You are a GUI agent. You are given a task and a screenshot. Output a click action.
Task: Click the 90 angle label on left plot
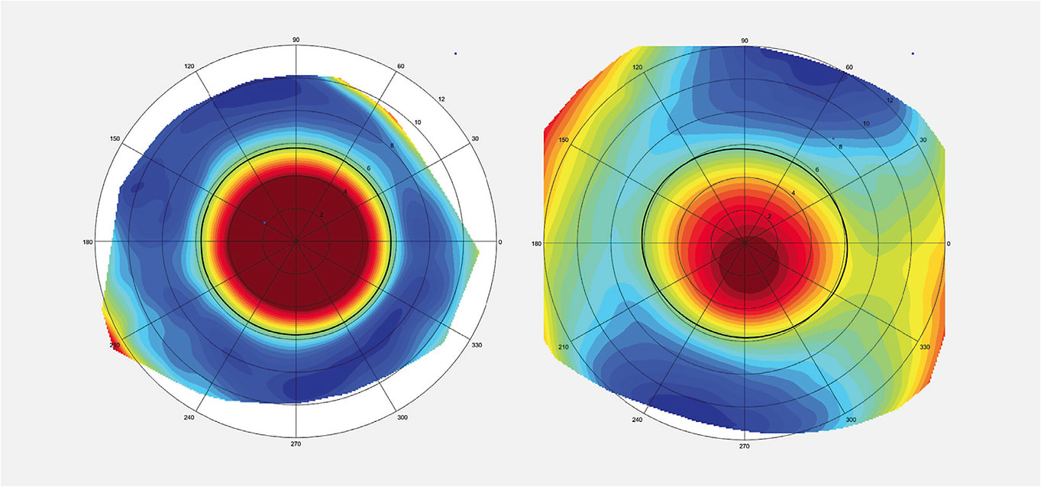tap(296, 40)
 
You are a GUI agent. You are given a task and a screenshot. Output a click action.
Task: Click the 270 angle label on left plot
tap(296, 443)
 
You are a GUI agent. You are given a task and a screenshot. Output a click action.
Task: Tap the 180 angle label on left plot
tap(89, 242)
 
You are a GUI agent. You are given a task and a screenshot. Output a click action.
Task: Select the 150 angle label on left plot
tap(115, 138)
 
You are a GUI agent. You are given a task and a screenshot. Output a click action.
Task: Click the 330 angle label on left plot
tap(477, 346)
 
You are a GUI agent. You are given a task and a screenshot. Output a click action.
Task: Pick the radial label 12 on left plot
tap(441, 99)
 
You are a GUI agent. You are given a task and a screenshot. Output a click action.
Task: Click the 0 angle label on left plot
tap(500, 242)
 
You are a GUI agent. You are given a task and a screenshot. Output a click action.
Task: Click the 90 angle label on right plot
tap(744, 41)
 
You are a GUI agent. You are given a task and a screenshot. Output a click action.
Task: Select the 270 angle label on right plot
tap(744, 446)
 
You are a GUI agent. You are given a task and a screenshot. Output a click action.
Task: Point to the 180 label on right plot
tap(537, 243)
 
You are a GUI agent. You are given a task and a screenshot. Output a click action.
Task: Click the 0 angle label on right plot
tap(949, 243)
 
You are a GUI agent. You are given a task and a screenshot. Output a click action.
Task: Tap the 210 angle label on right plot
tap(564, 346)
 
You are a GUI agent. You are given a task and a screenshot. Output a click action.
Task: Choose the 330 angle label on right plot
tap(925, 347)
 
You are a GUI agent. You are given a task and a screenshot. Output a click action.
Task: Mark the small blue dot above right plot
tap(913, 54)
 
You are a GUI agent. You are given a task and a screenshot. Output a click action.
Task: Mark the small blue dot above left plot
tap(455, 54)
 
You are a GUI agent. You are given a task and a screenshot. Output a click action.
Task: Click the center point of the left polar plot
tap(296, 242)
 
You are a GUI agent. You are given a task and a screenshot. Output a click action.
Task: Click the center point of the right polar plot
tap(744, 242)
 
